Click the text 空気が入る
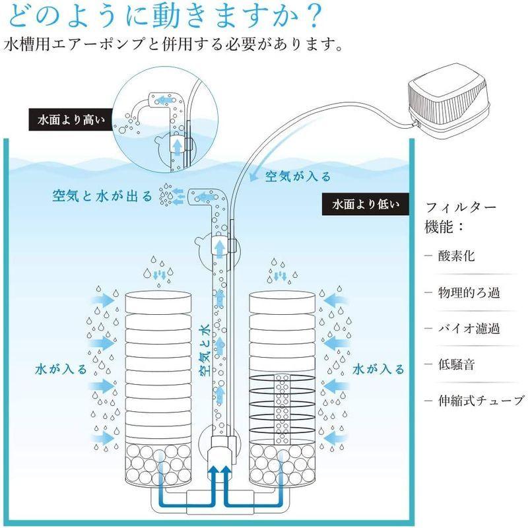click(298, 177)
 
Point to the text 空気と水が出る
click(102, 195)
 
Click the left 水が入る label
click(61, 368)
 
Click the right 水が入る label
click(378, 368)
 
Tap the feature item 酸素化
click(459, 255)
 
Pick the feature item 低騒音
click(459, 364)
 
